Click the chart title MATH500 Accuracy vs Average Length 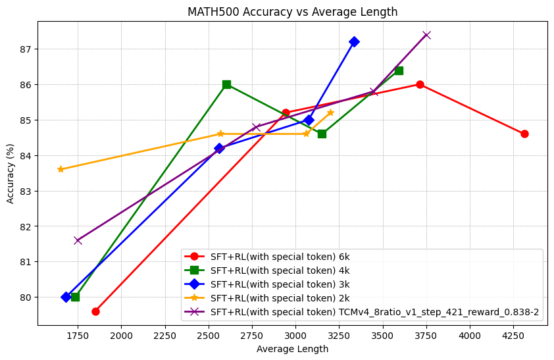pyautogui.click(x=292, y=12)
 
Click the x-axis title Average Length pyautogui.click(x=292, y=349)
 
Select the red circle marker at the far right pyautogui.click(x=524, y=134)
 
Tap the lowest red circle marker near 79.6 pyautogui.click(x=95, y=311)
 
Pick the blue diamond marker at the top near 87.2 pyautogui.click(x=354, y=41)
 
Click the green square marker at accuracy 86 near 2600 pyautogui.click(x=226, y=84)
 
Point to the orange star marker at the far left pyautogui.click(x=61, y=169)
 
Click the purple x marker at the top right pyautogui.click(x=426, y=35)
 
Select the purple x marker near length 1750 pyautogui.click(x=78, y=240)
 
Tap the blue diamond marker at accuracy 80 pyautogui.click(x=66, y=297)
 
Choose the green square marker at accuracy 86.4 pyautogui.click(x=399, y=70)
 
